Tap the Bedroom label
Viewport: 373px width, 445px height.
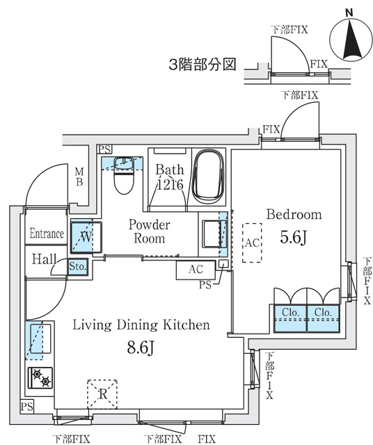[x=294, y=214]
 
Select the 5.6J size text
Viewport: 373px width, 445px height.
[x=294, y=236]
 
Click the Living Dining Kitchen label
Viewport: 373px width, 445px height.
[x=141, y=325]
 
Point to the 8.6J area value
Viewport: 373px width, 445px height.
[x=141, y=346]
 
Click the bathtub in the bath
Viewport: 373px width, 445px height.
[x=207, y=177]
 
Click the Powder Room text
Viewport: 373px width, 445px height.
[x=150, y=232]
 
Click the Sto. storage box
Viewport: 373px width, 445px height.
[x=77, y=266]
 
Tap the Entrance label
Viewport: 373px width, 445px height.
[x=47, y=234]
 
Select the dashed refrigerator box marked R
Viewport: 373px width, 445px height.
[x=102, y=394]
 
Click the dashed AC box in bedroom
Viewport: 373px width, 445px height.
[x=252, y=243]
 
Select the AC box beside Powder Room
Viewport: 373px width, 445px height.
[x=196, y=269]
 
